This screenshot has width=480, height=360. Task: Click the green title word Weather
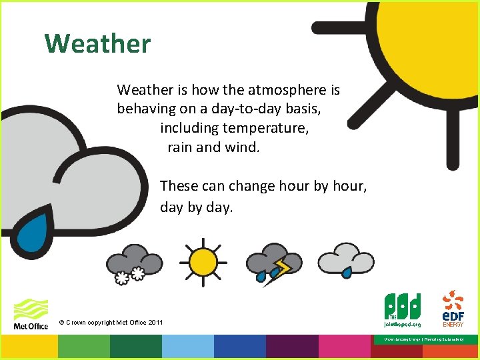tap(98, 44)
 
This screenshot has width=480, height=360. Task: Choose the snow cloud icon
tap(135, 262)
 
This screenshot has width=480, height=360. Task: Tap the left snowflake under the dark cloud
tap(123, 277)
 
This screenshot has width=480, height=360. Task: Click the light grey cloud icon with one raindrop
tap(345, 259)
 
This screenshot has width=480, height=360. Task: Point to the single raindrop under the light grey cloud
tap(347, 273)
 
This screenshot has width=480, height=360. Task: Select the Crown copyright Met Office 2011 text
tap(111, 323)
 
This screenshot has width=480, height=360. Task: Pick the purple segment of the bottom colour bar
tap(291, 347)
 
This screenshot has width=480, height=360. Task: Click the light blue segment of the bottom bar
tap(187, 347)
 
